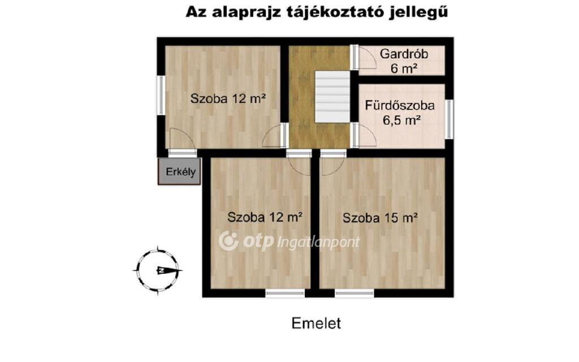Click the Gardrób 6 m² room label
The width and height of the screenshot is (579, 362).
click(x=404, y=61)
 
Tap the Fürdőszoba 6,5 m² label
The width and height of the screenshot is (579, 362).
click(x=400, y=113)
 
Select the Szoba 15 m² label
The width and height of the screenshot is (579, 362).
click(x=380, y=218)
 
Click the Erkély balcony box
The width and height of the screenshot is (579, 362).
click(x=179, y=171)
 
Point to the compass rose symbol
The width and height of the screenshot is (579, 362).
click(x=158, y=270)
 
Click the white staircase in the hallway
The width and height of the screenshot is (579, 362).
click(x=332, y=97)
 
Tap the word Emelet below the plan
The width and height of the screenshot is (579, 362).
click(x=316, y=323)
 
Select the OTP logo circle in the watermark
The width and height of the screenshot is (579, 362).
click(x=228, y=241)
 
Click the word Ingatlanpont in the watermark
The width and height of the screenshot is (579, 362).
click(x=318, y=242)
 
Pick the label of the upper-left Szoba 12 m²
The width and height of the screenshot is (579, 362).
click(x=228, y=98)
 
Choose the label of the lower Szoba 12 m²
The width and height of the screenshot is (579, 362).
click(x=265, y=217)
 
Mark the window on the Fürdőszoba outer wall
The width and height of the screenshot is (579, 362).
click(x=449, y=119)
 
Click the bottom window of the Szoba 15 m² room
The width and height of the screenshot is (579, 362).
click(x=354, y=294)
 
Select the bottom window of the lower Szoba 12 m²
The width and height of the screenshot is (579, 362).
click(x=285, y=294)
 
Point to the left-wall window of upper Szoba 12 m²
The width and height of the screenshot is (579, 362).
click(x=161, y=95)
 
